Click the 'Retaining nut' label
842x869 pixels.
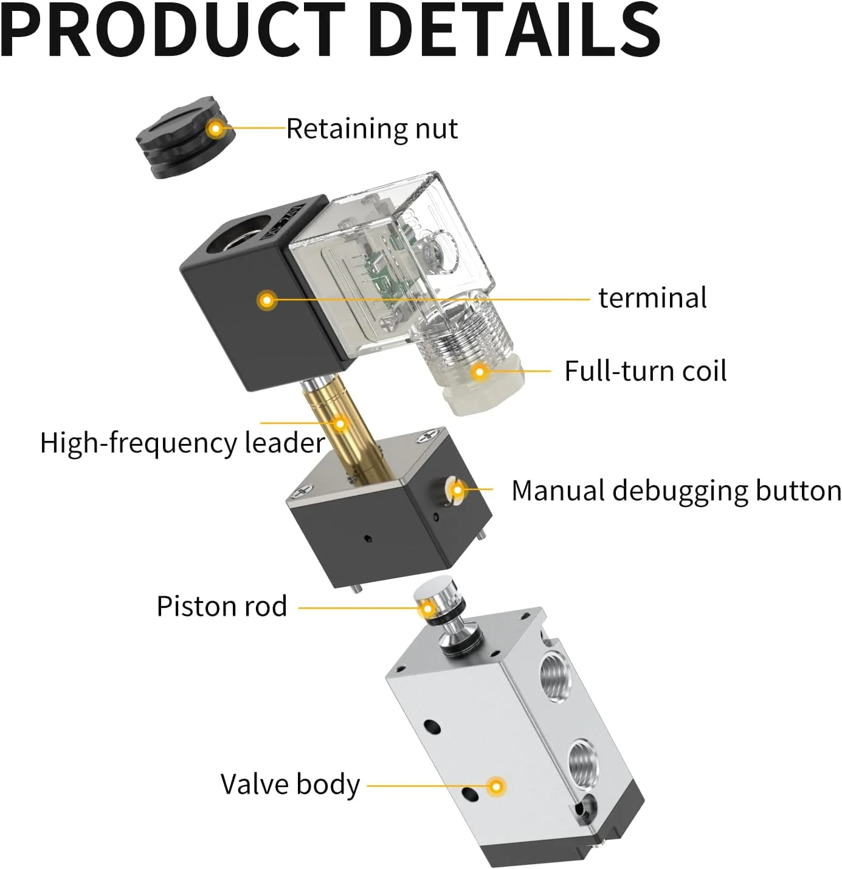click(371, 129)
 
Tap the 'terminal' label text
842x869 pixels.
click(652, 298)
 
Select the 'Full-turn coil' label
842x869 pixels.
click(645, 371)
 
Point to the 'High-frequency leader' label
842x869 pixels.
click(182, 443)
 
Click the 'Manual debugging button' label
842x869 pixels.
click(676, 491)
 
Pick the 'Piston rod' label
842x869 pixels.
click(222, 606)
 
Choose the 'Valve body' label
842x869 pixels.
click(290, 784)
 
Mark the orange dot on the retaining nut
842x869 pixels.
click(215, 128)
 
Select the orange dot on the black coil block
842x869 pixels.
click(266, 299)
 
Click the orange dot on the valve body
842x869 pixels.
click(497, 786)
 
